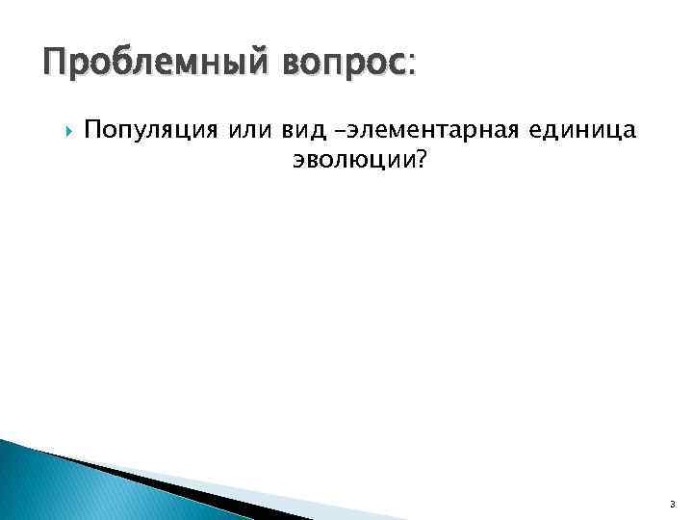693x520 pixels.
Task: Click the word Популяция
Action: (x=152, y=128)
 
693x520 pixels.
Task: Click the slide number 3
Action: (x=672, y=502)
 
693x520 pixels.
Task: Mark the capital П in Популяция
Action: (x=91, y=128)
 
